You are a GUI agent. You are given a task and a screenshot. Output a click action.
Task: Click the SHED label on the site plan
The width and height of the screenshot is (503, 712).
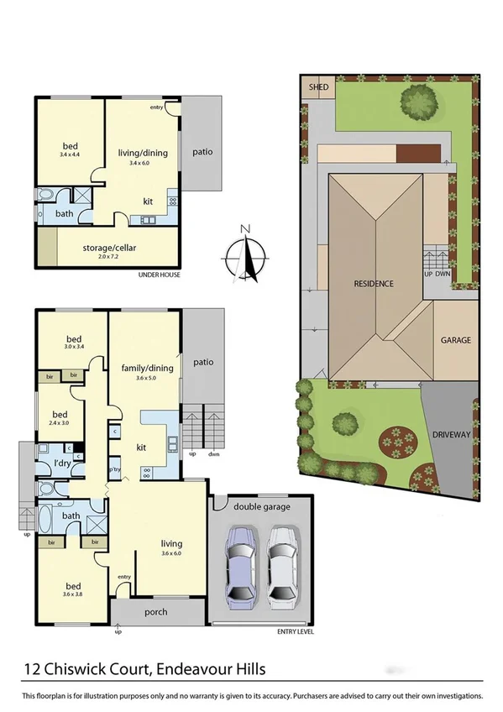point(317,87)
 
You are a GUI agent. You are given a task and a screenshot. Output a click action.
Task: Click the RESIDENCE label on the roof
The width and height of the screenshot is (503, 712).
point(374,284)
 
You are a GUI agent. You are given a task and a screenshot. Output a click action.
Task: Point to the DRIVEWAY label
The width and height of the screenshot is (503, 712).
point(451,435)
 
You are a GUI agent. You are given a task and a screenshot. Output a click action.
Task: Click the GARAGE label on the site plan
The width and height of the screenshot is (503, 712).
point(456,341)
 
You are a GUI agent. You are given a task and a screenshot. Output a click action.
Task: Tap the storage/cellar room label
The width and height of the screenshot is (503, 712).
point(109,248)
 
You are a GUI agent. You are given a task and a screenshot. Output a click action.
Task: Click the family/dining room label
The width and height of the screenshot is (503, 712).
point(145,369)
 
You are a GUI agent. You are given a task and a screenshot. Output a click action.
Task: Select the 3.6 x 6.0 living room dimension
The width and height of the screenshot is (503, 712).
point(170,552)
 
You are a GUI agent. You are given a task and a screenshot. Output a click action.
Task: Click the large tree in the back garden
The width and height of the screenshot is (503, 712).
point(417,102)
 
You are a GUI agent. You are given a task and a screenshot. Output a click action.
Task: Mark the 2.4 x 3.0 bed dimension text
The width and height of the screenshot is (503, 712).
point(60,423)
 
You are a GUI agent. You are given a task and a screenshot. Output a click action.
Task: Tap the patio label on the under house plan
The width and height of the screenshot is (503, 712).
point(202,152)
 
